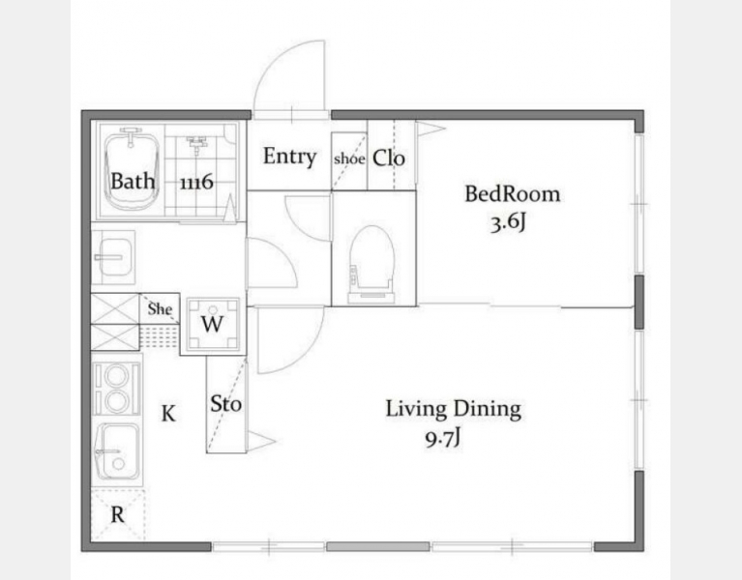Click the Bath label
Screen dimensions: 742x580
coord(133,181)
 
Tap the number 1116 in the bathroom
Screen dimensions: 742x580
coord(196,182)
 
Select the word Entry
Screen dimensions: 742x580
coord(289,157)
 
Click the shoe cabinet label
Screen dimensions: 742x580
coord(349,159)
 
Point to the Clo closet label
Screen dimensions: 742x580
coord(389,159)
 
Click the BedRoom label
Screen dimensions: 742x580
coord(512,193)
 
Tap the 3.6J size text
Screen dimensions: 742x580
coord(508,222)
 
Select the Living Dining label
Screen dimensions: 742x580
coord(454,409)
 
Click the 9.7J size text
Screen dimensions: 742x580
coord(442,440)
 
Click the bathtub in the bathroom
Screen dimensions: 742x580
coord(130,171)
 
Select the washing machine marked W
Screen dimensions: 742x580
coord(213,324)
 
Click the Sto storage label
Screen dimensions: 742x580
coord(225,404)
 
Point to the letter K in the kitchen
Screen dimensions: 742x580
coord(168,414)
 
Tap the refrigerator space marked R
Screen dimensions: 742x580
coord(117,515)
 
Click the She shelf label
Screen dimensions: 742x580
coord(160,308)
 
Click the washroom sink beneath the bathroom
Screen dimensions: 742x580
coord(113,258)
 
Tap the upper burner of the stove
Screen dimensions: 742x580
coord(116,376)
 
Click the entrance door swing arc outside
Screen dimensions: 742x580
coord(277,58)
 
